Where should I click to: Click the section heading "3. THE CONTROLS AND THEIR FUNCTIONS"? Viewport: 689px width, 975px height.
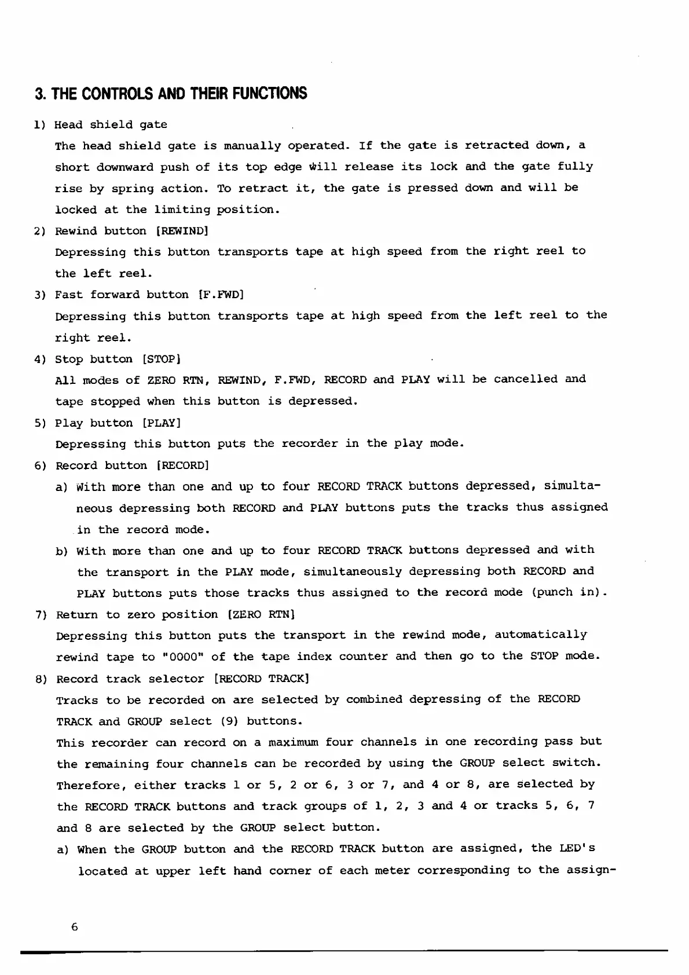click(171, 94)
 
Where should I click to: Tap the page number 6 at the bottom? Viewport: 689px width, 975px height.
click(74, 927)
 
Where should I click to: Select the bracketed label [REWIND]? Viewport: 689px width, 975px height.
click(182, 231)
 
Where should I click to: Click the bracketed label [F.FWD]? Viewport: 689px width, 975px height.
click(221, 295)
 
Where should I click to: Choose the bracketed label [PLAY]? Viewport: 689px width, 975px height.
click(162, 423)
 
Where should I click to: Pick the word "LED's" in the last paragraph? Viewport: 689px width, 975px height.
click(577, 849)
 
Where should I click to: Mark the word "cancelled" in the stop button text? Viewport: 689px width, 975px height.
click(526, 379)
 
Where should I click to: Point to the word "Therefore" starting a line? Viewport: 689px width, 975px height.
click(91, 786)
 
